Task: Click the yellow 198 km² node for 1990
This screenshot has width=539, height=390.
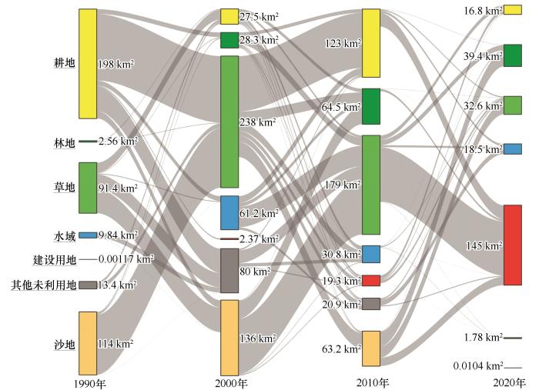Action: coord(88,64)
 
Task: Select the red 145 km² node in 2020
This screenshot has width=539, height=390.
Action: coord(513,245)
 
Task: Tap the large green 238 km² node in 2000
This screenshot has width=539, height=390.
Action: coord(229,122)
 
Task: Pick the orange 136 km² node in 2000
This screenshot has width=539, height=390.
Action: coord(229,336)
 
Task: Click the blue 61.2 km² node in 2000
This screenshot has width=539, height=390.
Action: coord(229,213)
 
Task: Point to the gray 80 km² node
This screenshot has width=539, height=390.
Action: coord(229,271)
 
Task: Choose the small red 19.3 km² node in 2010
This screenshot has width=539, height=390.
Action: coord(371,281)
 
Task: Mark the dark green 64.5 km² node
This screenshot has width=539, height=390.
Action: coord(371,106)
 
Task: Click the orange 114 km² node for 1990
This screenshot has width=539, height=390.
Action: coord(88,342)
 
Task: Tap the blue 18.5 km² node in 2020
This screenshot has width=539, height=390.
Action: coord(513,148)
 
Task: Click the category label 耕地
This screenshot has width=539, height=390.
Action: coord(64,63)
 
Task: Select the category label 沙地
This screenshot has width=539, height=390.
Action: coord(64,344)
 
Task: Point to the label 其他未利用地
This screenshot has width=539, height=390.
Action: coord(44,285)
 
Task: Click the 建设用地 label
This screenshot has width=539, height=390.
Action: coord(54,260)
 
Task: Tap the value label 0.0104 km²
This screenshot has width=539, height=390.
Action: coord(477,366)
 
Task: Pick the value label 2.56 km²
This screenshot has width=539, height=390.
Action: coord(118,142)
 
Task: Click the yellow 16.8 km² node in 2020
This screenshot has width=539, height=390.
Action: coord(513,9)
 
